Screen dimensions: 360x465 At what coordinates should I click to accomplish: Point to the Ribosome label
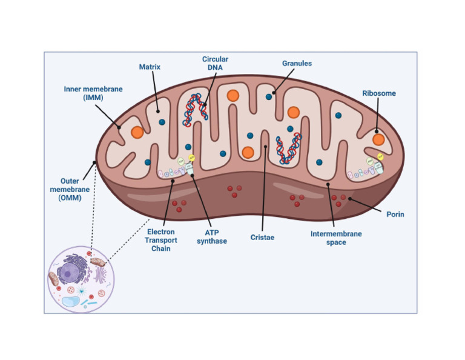[x=379, y=93]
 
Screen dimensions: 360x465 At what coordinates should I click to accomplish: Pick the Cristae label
[x=262, y=237]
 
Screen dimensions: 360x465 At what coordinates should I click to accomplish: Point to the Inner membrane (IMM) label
[x=93, y=93]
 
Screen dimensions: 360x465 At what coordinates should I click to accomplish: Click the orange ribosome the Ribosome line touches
[x=378, y=139]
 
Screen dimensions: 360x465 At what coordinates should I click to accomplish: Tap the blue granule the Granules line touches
[x=269, y=96]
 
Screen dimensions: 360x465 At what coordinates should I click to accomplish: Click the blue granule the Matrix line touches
[x=162, y=121]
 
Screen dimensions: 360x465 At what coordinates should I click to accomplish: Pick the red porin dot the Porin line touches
[x=343, y=198]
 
